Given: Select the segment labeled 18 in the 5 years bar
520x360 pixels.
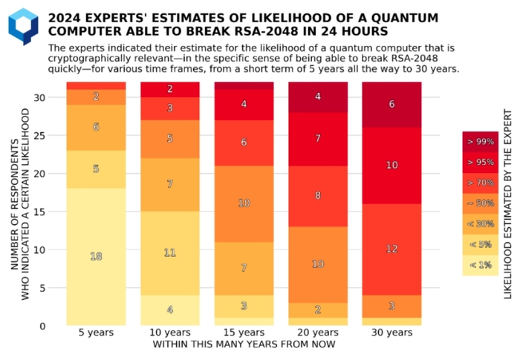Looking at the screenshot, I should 96,256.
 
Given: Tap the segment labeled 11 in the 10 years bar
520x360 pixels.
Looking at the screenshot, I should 169,253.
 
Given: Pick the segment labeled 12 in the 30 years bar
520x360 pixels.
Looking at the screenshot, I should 391,249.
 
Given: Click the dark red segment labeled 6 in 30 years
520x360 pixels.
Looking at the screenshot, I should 391,105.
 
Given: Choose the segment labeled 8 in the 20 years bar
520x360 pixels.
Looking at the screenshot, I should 317,196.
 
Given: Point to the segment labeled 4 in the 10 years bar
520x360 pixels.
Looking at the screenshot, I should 169,310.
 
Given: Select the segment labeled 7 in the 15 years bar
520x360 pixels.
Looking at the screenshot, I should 243,268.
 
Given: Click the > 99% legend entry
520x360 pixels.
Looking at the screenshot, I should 480,142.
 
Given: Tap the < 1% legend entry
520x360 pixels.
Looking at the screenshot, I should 480,265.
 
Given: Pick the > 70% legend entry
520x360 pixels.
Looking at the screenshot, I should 480,183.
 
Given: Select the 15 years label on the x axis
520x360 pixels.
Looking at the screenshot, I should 243,333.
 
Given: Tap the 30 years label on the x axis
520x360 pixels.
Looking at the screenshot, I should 391,333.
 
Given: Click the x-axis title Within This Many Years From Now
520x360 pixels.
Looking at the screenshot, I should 244,344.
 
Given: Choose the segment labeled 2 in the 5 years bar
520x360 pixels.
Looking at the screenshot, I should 96,96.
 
